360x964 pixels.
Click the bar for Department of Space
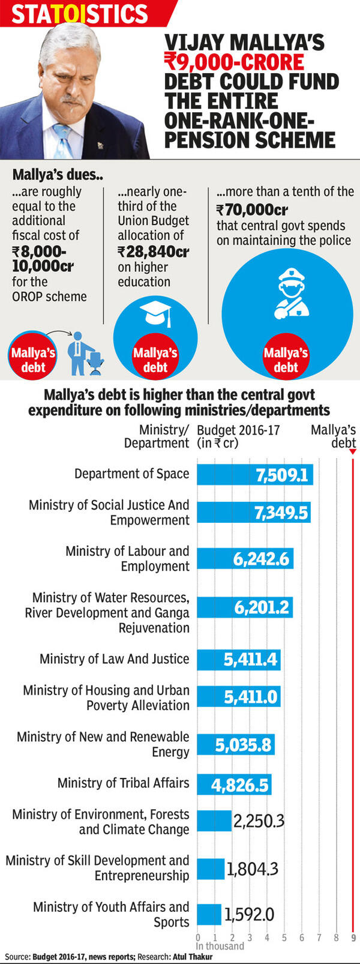[254, 475]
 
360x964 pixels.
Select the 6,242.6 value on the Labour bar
[262, 559]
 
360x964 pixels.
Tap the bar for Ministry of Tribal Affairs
[234, 785]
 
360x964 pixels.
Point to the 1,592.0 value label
[249, 914]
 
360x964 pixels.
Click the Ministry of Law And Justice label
[114, 659]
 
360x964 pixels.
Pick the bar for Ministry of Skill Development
[211, 869]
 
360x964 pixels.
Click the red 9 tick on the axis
[353, 938]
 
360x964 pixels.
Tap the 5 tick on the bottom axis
[284, 938]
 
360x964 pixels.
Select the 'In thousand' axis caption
[220, 947]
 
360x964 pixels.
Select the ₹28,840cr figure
[153, 252]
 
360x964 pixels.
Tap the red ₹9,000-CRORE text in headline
[235, 62]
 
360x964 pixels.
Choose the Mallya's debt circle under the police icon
[286, 359]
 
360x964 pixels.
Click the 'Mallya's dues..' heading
[58, 175]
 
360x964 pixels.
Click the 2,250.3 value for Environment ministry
[259, 821]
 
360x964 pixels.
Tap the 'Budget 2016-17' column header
[238, 430]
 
